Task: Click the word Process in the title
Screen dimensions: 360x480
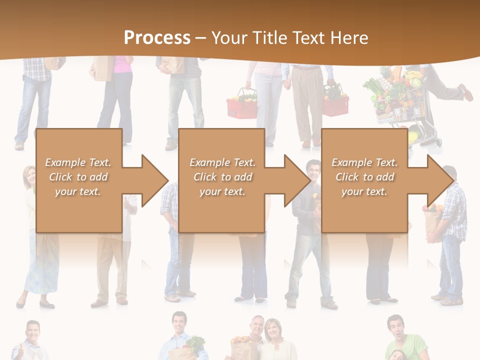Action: (157, 37)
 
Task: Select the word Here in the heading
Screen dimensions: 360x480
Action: (349, 37)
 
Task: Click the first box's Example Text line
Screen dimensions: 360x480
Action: (78, 162)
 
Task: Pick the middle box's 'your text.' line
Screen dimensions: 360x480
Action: (222, 191)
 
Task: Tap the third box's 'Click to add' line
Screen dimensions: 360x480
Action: (364, 177)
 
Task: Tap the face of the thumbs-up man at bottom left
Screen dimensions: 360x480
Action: (32, 333)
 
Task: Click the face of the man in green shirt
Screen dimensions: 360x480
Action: (396, 327)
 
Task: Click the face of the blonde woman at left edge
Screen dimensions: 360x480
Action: (29, 176)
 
